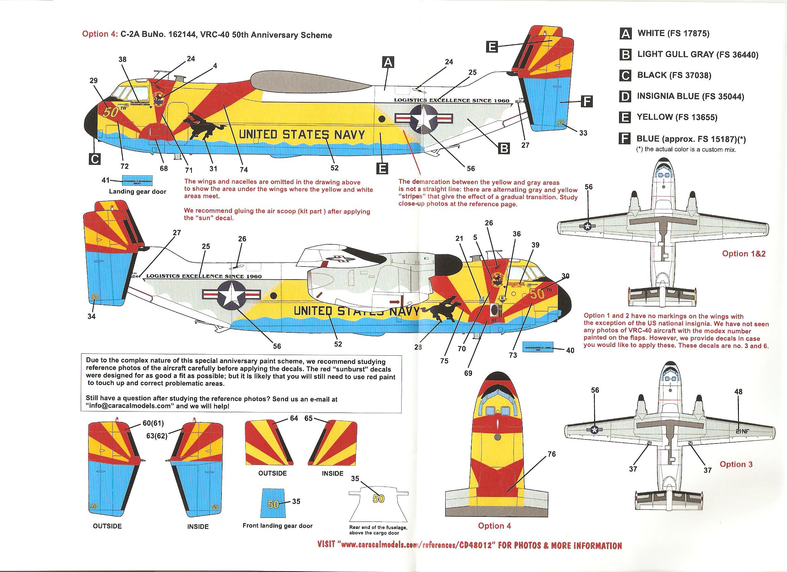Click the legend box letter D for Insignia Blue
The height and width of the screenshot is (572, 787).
point(625,96)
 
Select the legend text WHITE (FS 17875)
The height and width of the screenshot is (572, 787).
point(673,33)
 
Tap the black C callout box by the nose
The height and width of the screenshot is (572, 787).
point(95,159)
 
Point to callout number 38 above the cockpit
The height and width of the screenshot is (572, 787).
point(123,59)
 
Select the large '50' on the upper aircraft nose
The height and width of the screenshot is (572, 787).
point(111,112)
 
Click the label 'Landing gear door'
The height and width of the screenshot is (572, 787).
point(137,191)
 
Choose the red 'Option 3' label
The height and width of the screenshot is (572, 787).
point(736,464)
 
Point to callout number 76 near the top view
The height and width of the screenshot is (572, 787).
point(551,454)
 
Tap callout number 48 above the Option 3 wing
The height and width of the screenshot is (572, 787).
point(739,392)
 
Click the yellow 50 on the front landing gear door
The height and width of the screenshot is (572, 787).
point(273,504)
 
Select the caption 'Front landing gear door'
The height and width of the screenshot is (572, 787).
point(277,526)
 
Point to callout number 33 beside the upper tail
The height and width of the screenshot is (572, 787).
point(583,133)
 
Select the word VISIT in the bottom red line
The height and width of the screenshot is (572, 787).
point(326,545)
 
